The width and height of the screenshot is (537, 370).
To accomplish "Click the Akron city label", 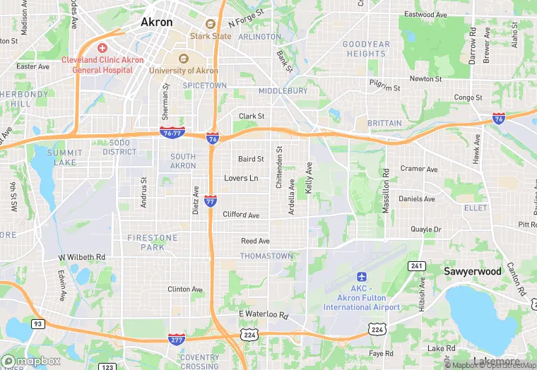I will pyautogui.click(x=156, y=22).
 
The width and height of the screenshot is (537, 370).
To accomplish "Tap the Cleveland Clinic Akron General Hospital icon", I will pyautogui.click(x=102, y=48).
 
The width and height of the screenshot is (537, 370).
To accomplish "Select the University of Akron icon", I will pyautogui.click(x=184, y=59).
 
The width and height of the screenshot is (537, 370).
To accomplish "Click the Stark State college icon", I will pyautogui.click(x=210, y=24).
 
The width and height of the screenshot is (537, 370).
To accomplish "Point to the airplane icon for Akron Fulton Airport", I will pyautogui.click(x=362, y=277).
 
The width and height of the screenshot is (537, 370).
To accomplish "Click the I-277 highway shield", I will pyautogui.click(x=177, y=340).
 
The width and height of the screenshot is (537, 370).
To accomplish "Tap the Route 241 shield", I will pyautogui.click(x=417, y=265).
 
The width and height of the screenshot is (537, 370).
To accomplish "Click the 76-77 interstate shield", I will pyautogui.click(x=173, y=132).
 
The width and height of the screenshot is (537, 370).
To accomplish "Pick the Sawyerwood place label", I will pyautogui.click(x=472, y=271).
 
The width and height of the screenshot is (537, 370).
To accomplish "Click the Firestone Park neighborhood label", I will pyautogui.click(x=153, y=242).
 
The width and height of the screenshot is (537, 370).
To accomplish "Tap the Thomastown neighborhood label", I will pyautogui.click(x=265, y=256).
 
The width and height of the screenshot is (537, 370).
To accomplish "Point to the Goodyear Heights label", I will pyautogui.click(x=365, y=49).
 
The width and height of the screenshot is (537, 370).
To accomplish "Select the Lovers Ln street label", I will pyautogui.click(x=241, y=178).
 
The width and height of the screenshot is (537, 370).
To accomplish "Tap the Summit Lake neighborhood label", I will pyautogui.click(x=65, y=157).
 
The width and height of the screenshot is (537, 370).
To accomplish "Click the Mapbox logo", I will pyautogui.click(x=33, y=361).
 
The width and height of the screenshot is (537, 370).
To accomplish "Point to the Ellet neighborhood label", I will pyautogui.click(x=476, y=208).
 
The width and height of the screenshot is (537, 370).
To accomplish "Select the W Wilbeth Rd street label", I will pyautogui.click(x=81, y=257).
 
